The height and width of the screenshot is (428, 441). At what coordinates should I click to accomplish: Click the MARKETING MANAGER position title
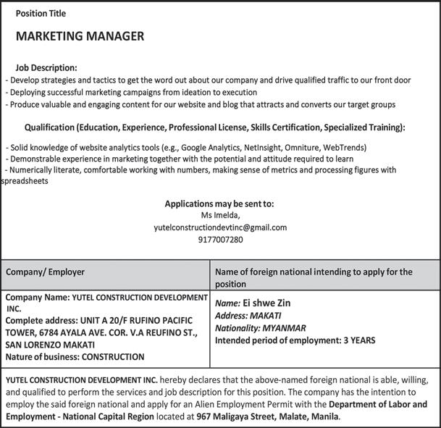point(80,36)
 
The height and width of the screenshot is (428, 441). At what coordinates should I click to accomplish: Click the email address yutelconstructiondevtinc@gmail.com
point(220,227)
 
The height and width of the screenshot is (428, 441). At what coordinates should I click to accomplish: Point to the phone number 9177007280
point(220,239)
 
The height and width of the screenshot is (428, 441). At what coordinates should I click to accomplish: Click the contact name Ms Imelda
point(220,215)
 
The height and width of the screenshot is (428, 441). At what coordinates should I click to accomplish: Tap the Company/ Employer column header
point(46,272)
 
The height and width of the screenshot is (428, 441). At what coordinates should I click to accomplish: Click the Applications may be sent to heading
point(220,203)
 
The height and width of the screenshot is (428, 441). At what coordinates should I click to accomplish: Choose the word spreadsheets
point(25,182)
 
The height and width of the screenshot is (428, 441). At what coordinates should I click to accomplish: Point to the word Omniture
point(297,148)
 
